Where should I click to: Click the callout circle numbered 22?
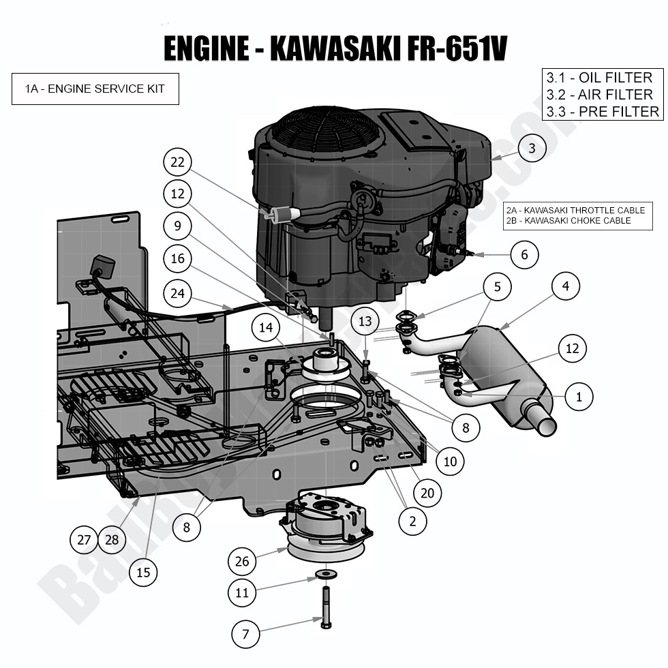pyautogui.click(x=178, y=162)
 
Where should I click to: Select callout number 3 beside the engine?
pyautogui.click(x=532, y=147)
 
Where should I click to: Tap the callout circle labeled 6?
pyautogui.click(x=524, y=255)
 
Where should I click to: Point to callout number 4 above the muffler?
pyautogui.click(x=565, y=287)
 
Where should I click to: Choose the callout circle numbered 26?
pyautogui.click(x=242, y=562)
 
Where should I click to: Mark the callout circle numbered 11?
pyautogui.click(x=242, y=593)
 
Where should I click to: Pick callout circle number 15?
pyautogui.click(x=143, y=573)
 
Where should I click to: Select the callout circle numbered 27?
pyautogui.click(x=84, y=540)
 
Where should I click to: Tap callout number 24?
pyautogui.click(x=178, y=293)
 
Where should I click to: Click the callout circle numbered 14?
pyautogui.click(x=266, y=328)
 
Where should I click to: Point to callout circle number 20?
pyautogui.click(x=427, y=493)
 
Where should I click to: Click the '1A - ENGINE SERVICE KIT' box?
pyautogui.click(x=95, y=89)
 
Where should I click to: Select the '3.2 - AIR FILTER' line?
pyautogui.click(x=599, y=95)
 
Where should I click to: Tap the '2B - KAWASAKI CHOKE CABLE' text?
pyautogui.click(x=568, y=221)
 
